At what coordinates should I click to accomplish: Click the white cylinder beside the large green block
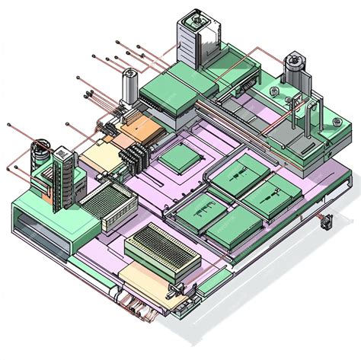pos(128,86)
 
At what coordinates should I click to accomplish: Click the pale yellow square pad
pos(97,157)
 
